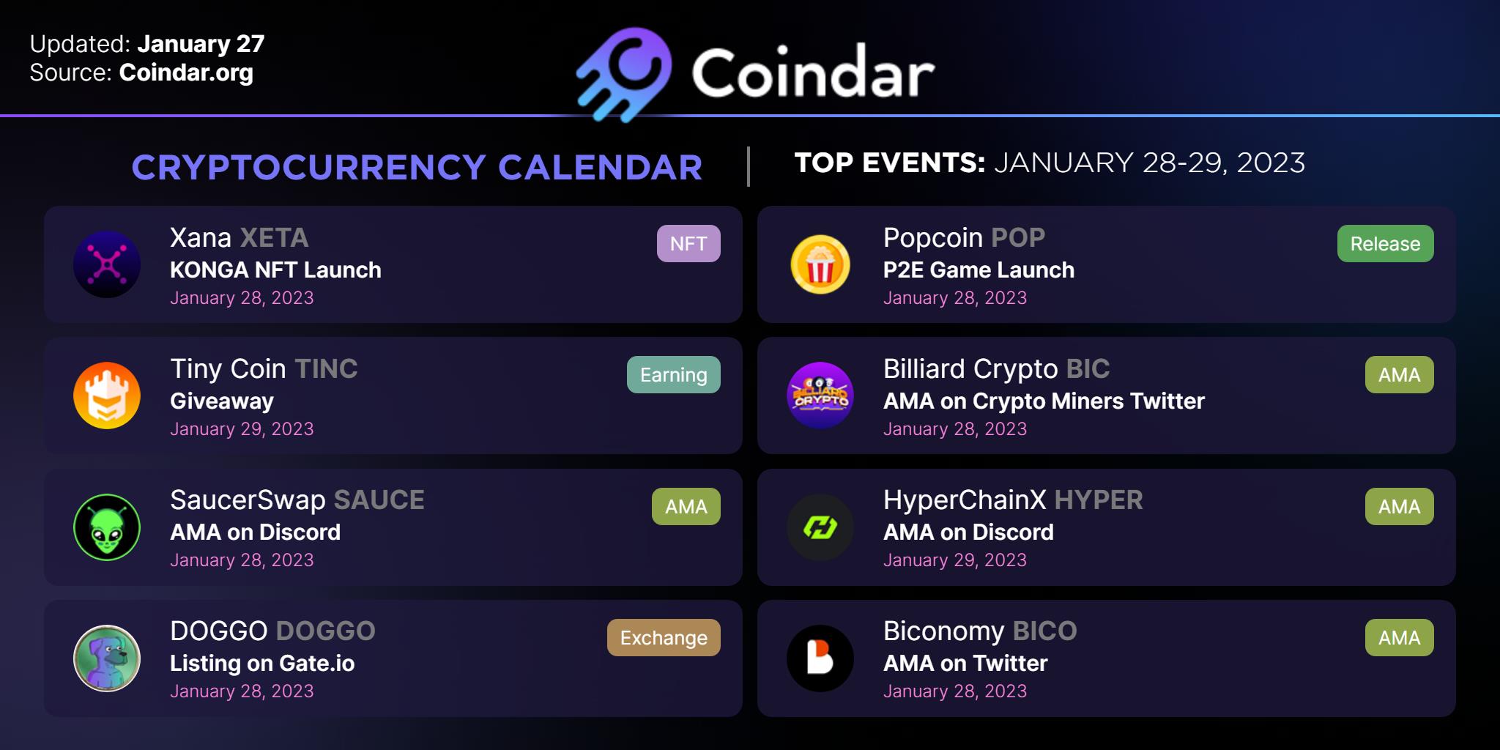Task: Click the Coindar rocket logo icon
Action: pos(625,74)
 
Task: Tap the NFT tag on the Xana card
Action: pos(688,243)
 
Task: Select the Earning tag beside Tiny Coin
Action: pos(674,374)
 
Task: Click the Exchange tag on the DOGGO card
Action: pos(664,637)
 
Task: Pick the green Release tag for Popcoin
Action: pos(1385,243)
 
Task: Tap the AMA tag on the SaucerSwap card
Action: pos(686,506)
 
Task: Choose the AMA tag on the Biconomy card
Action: pos(1399,637)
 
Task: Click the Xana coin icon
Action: pos(107,264)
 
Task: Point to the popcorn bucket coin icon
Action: pos(820,264)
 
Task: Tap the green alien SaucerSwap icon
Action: pos(107,527)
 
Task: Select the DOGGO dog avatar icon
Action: pos(107,658)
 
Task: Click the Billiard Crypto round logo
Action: pos(820,396)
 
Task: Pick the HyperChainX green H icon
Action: pos(820,527)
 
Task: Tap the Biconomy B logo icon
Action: pos(820,658)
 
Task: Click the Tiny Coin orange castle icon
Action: pos(107,396)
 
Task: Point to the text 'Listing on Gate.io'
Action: pos(262,664)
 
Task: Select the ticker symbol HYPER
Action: pos(1099,500)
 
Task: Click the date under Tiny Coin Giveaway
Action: pos(242,429)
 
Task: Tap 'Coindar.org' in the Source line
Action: pos(186,73)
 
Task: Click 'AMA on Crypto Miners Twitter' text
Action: pos(1044,401)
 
